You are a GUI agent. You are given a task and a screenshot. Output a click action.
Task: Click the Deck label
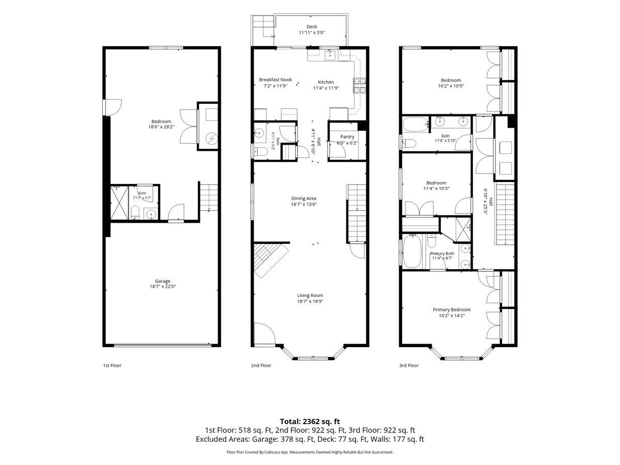(x=312, y=26)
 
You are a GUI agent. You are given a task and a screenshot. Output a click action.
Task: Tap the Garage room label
(x=162, y=281)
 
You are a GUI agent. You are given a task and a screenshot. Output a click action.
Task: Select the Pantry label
(x=347, y=136)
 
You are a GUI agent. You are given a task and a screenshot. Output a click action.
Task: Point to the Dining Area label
(x=304, y=198)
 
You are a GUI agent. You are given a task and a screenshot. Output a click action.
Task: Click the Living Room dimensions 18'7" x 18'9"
(x=310, y=301)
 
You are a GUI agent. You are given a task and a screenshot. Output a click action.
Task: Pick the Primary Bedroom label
(x=452, y=309)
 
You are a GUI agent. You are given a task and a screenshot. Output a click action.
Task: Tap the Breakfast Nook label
(x=275, y=80)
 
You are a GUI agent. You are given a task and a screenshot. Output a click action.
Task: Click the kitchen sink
(x=330, y=55)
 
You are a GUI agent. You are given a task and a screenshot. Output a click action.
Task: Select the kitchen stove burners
(x=359, y=86)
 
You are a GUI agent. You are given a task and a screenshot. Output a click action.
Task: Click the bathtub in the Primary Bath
(x=412, y=251)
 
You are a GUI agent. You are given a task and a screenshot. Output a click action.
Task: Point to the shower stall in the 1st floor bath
(x=119, y=203)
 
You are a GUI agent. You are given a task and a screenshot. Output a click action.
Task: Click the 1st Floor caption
(x=112, y=365)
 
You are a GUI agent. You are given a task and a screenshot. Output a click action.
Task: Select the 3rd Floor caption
(x=409, y=365)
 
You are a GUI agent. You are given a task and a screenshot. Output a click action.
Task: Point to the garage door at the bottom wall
(x=162, y=345)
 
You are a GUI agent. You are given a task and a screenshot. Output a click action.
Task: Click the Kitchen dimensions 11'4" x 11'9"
(x=326, y=88)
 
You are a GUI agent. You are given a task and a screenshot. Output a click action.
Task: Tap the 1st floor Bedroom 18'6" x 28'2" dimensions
(x=161, y=127)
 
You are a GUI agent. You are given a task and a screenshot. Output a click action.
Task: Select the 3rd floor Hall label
(x=491, y=202)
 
